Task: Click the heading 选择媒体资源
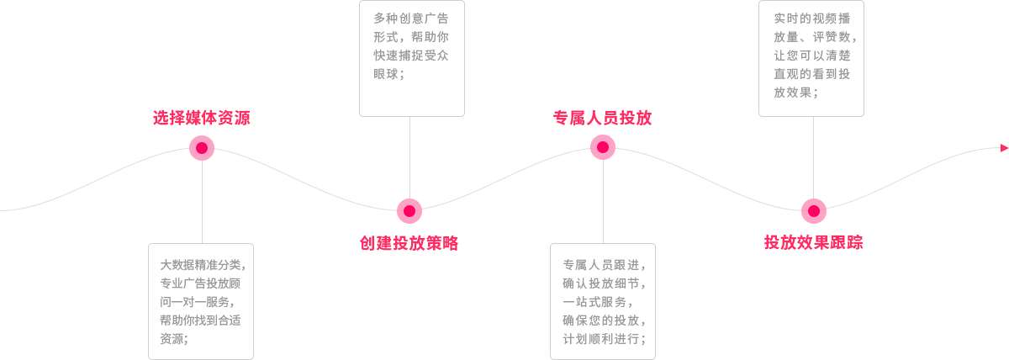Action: [202, 118]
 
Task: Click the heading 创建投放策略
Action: [409, 243]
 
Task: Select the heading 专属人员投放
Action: [602, 118]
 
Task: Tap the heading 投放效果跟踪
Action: [813, 243]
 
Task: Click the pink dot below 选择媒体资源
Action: [202, 148]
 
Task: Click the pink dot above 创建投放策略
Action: [409, 210]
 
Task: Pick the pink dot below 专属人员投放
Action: [603, 147]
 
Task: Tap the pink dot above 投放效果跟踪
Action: [813, 210]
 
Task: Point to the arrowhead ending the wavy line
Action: [1004, 148]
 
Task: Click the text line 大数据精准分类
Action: [202, 264]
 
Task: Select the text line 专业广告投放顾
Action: [202, 283]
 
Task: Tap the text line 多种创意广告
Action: [410, 19]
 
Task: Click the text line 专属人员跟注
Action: [604, 264]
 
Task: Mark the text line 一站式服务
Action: [595, 301]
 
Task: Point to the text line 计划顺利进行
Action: [604, 339]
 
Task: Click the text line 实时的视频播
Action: [812, 19]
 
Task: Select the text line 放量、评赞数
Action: [812, 37]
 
